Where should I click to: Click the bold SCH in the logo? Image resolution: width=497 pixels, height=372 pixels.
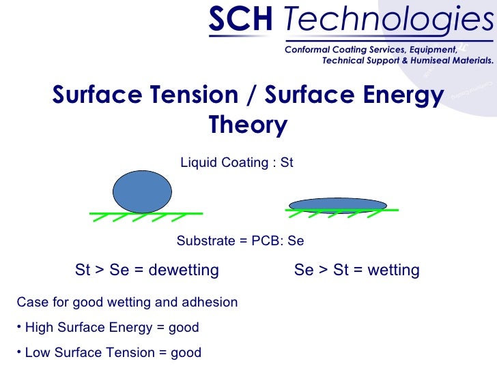(239, 21)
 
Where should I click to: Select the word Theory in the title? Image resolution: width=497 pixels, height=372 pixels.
(248, 125)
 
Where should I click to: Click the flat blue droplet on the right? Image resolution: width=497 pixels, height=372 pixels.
(338, 205)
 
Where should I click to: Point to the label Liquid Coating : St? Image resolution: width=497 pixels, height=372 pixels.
(236, 163)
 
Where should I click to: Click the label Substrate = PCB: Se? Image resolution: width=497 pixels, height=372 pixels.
(240, 241)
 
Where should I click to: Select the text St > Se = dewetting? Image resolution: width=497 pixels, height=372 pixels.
(147, 270)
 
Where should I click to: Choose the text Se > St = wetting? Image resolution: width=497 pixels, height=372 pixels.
(356, 270)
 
